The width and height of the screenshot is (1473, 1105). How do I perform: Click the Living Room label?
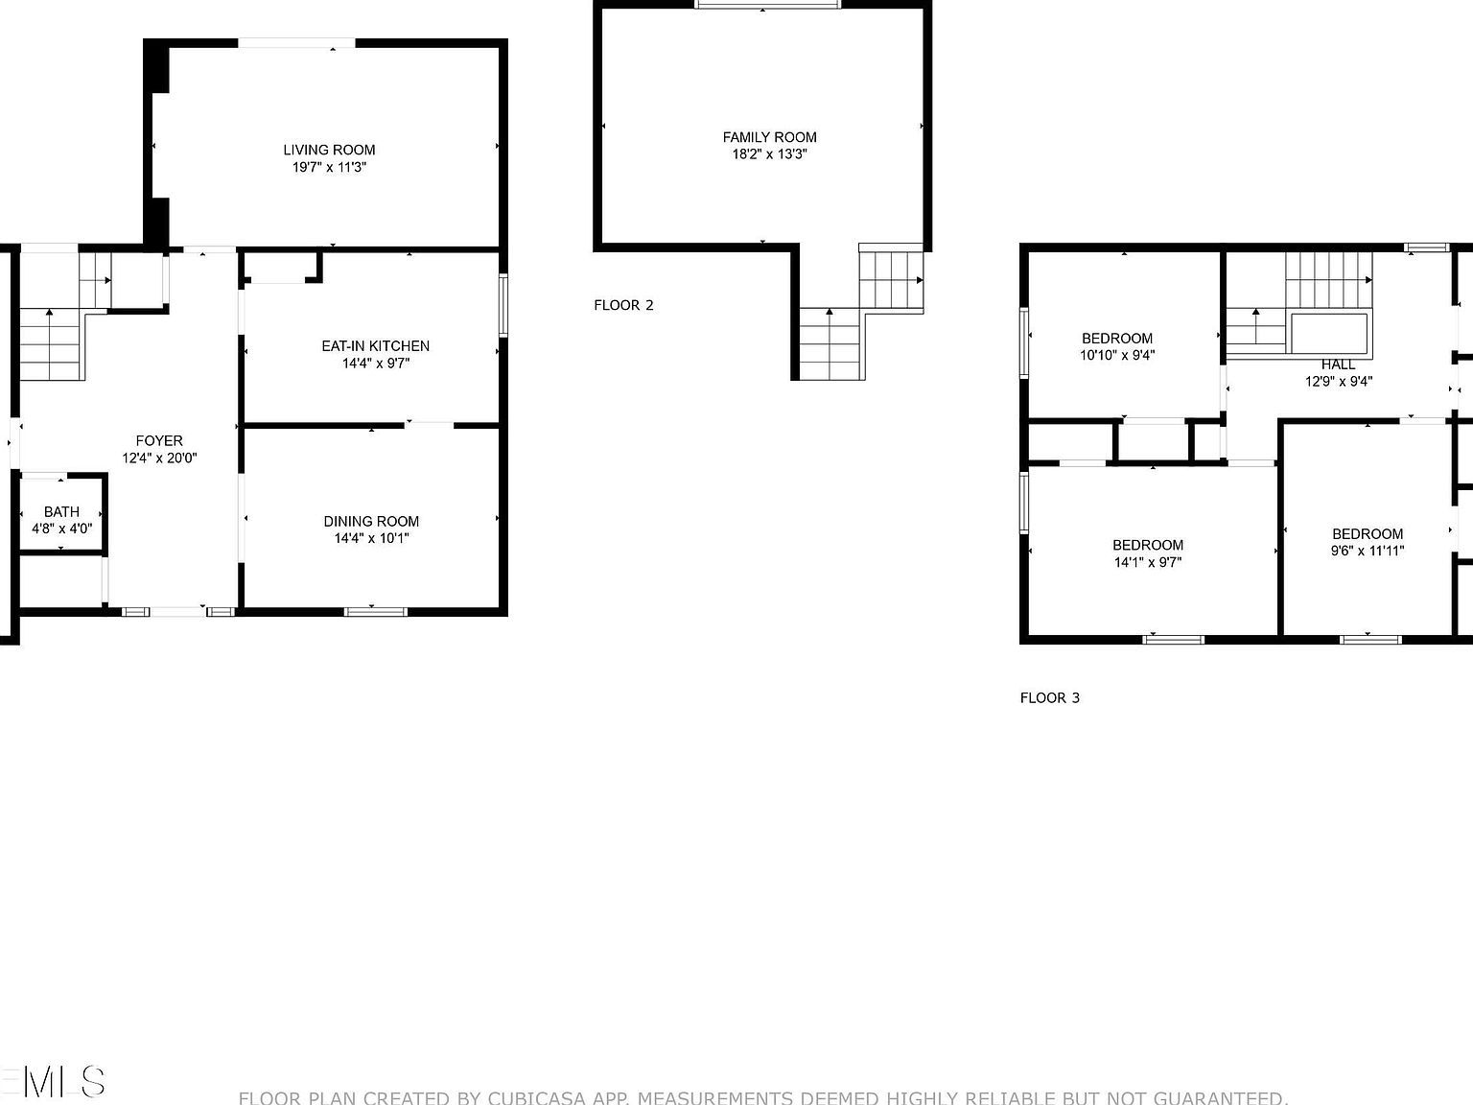point(329,150)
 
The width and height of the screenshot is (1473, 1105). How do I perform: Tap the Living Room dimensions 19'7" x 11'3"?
point(329,167)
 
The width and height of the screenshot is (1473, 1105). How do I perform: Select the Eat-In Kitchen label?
point(375,345)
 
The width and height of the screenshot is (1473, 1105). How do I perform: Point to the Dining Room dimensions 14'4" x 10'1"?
point(371,538)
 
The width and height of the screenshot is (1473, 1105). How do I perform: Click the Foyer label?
point(159,441)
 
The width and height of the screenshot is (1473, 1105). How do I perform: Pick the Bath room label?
point(61,511)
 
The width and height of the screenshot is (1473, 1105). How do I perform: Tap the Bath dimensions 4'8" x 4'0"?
point(61,528)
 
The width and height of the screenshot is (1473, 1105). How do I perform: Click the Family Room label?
point(769,137)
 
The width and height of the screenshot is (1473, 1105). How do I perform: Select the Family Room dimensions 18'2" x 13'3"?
point(769,153)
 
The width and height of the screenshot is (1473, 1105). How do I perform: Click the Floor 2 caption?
point(623,305)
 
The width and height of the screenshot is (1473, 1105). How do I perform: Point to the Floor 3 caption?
point(1049,697)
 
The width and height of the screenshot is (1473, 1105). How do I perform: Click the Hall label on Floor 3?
point(1338,364)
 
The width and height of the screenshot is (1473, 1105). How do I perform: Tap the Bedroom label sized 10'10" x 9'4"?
point(1117,338)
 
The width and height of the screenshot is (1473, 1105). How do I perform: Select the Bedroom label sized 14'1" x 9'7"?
point(1148,545)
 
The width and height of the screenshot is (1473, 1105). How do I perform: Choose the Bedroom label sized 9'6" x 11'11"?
point(1368,534)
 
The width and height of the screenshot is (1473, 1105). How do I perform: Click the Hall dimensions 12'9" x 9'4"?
point(1338,381)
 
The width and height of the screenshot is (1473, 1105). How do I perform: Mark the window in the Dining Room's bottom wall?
point(376,611)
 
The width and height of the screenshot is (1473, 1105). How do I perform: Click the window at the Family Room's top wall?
point(767,5)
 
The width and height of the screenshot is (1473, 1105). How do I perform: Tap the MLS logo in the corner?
point(53,1081)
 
